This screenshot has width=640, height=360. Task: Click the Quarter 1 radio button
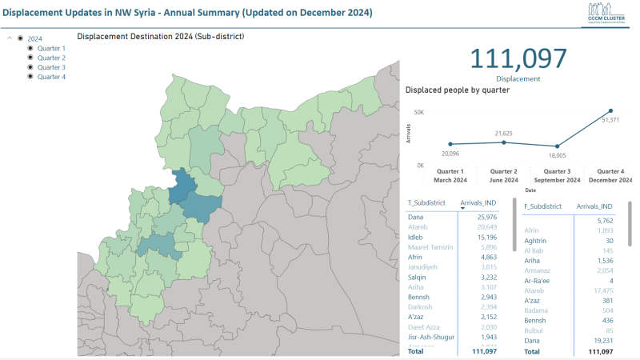(x=31, y=48)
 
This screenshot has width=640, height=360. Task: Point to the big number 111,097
(x=518, y=59)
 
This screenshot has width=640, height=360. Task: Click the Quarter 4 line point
(x=610, y=110)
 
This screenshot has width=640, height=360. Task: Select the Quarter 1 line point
(x=450, y=144)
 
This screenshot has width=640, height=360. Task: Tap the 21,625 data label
(x=504, y=134)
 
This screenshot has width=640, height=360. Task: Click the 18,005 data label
(x=557, y=156)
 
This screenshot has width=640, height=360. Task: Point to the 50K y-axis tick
(x=418, y=112)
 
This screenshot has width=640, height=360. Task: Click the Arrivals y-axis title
(x=409, y=134)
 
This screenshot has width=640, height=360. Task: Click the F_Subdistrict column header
(x=542, y=206)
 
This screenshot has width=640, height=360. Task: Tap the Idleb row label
(x=416, y=238)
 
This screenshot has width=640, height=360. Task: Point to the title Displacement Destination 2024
(x=160, y=36)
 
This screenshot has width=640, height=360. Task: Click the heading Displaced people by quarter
(x=458, y=90)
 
